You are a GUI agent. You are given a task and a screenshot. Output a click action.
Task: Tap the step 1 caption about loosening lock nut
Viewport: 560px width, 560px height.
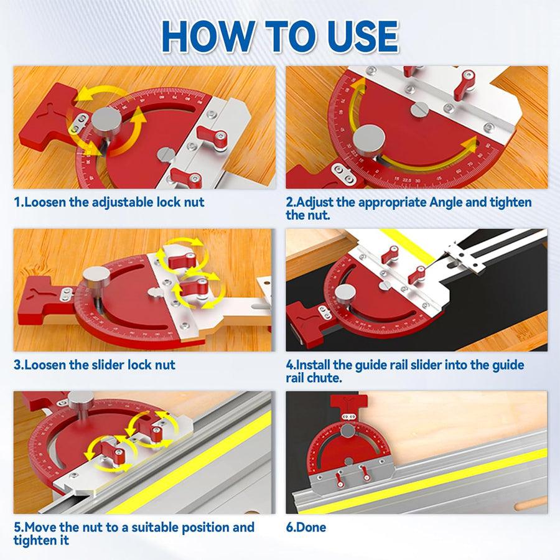coord(109,202)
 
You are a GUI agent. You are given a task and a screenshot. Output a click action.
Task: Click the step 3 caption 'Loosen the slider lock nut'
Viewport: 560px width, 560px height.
coord(95,365)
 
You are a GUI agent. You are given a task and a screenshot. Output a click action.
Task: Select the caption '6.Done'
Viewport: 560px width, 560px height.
coord(306,528)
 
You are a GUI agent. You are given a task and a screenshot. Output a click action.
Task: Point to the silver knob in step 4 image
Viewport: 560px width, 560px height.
coord(345,292)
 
